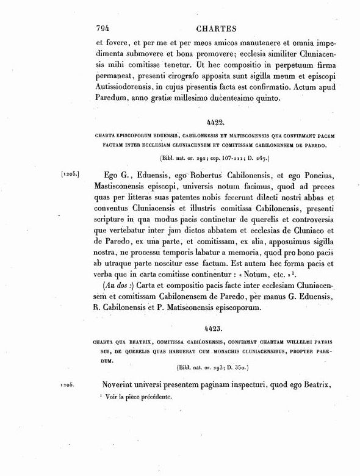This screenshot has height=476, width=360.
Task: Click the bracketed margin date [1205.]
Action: [71, 175]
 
